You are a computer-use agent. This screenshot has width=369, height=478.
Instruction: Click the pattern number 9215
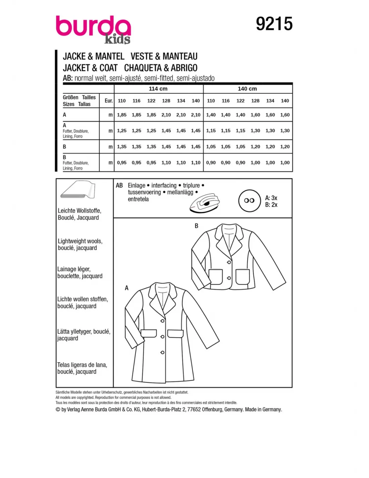[274, 24]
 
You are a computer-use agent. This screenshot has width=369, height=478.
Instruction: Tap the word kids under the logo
[117, 39]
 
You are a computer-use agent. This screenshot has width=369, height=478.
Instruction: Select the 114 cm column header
[158, 89]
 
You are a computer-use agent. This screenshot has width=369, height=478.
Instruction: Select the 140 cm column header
[247, 89]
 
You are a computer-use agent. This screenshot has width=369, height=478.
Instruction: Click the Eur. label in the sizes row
[109, 101]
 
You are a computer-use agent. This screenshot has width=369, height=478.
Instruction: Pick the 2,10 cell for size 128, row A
[166, 115]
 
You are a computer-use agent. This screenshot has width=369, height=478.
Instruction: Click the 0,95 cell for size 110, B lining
[122, 163]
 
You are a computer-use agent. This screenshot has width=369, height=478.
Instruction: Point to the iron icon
[205, 202]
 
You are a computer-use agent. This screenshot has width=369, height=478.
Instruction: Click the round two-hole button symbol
[249, 201]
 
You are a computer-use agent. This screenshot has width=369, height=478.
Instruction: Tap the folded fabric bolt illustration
[78, 190]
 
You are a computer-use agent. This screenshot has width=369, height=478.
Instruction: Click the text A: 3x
[271, 198]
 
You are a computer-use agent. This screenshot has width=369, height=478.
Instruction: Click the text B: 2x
[271, 205]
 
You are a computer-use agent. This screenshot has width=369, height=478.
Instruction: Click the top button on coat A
[162, 321]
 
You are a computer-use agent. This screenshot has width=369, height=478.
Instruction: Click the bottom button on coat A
[162, 352]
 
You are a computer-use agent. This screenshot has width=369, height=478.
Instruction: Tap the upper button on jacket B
[229, 262]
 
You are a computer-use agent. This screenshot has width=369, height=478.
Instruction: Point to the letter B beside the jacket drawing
[197, 226]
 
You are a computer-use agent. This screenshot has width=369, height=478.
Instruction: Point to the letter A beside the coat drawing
[126, 288]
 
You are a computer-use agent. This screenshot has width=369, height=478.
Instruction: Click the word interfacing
[164, 186]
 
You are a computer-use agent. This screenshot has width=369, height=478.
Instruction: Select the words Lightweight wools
[80, 241]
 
